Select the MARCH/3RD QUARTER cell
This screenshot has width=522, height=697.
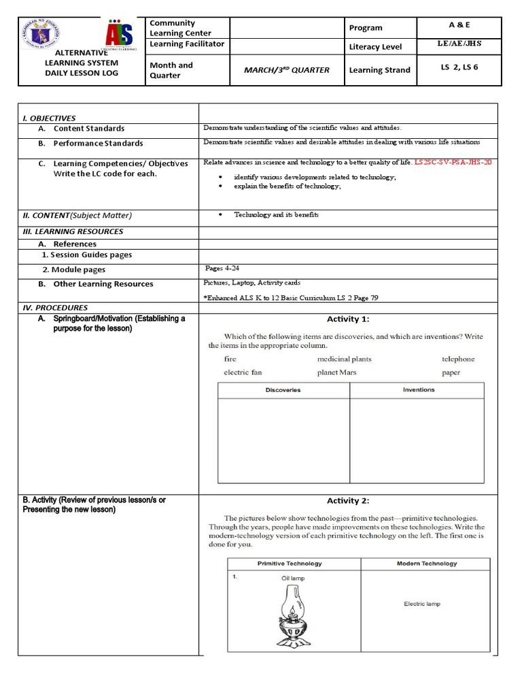(287, 70)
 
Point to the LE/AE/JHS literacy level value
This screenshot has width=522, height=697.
(459, 44)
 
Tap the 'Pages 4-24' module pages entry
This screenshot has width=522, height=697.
(222, 268)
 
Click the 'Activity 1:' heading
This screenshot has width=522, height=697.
(348, 319)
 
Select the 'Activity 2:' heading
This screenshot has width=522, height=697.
(348, 501)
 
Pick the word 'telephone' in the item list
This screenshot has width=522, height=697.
(458, 359)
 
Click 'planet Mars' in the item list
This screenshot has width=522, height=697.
(336, 372)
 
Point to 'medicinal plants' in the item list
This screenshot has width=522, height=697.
(344, 359)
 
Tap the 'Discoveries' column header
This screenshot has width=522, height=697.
(283, 390)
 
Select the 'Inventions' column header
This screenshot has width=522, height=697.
(419, 390)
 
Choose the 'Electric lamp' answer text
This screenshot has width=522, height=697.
(422, 604)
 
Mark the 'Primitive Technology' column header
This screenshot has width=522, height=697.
(290, 564)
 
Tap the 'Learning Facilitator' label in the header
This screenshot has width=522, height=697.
(187, 44)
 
